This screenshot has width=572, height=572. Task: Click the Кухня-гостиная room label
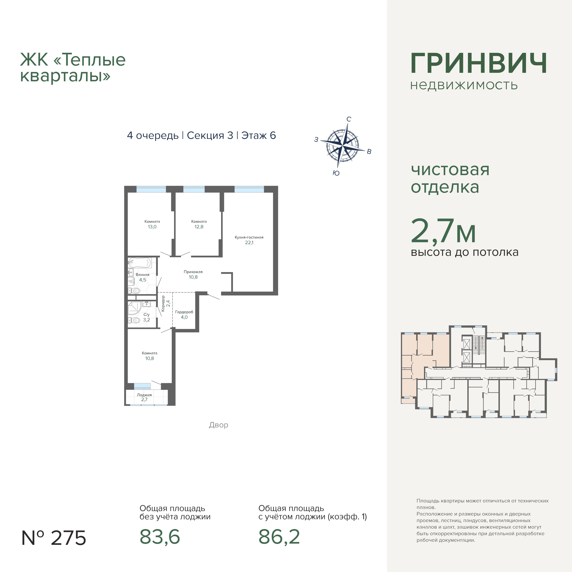coord(249,237)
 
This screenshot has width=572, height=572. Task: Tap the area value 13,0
coord(152,227)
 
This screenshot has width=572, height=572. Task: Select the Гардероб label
coord(184,312)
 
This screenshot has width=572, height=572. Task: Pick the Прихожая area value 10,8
coord(193,277)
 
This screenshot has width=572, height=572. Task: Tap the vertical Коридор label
coord(163,303)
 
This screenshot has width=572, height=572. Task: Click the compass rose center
coord(342,146)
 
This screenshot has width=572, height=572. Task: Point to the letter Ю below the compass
coord(336,173)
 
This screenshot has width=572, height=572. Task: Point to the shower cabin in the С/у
coord(134,308)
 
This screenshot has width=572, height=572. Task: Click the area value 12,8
coord(199,227)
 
